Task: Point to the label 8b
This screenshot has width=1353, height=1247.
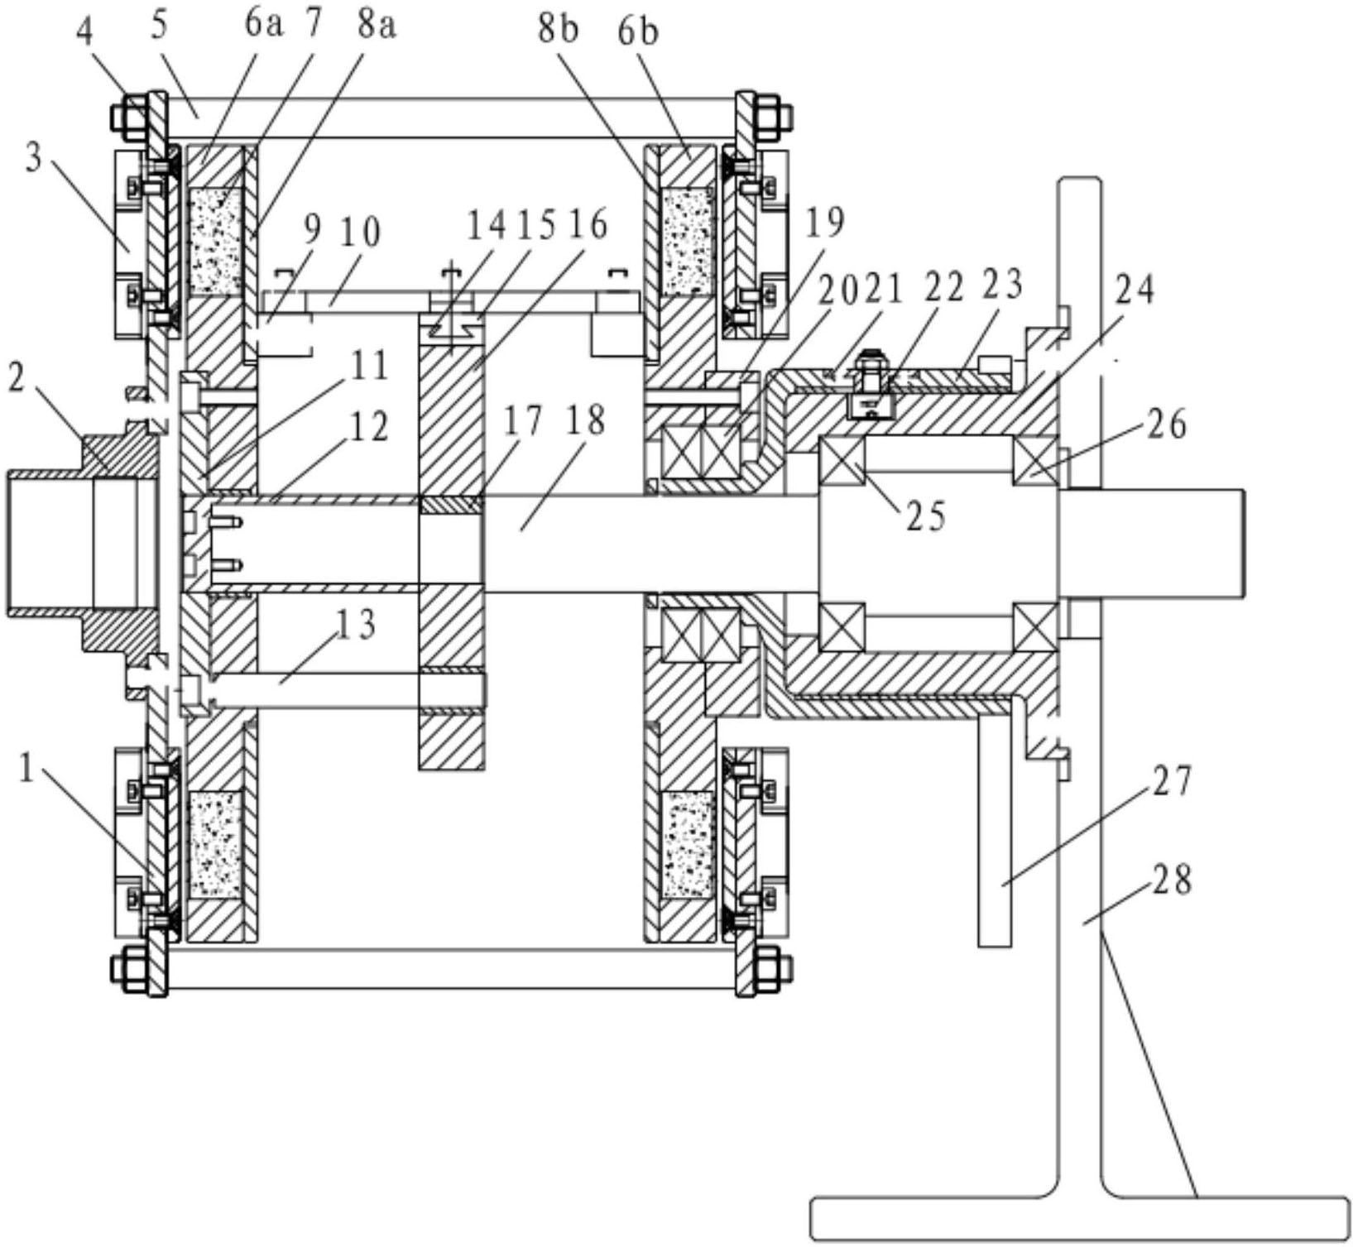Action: pos(559,31)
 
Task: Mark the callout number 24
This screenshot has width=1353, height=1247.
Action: pos(1135,290)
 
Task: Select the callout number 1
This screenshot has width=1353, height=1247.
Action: pos(27,771)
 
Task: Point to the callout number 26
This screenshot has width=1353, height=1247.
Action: pos(1166,423)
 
